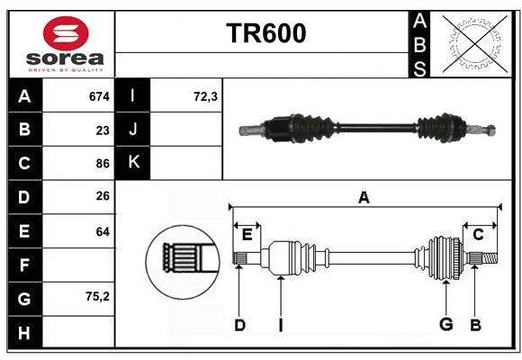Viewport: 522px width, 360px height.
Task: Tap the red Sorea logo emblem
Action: [x=65, y=35]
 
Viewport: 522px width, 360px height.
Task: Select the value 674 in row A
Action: [x=98, y=96]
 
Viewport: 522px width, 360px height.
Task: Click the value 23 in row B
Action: [x=102, y=130]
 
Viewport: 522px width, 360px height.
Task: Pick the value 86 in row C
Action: [x=102, y=164]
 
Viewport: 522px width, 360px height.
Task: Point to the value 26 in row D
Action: [x=102, y=197]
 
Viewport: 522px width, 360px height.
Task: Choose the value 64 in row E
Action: [x=102, y=231]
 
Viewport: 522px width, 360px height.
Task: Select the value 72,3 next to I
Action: [x=205, y=96]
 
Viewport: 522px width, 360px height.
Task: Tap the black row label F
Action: [x=24, y=265]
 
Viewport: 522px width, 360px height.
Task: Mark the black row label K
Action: [x=134, y=163]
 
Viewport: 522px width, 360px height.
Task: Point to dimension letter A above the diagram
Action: [x=364, y=197]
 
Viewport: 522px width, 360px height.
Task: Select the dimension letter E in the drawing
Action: [x=247, y=234]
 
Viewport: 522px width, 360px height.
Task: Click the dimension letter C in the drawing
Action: [x=478, y=234]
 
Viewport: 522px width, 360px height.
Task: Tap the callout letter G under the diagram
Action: [x=445, y=325]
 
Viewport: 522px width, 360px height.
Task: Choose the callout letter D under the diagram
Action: [x=239, y=325]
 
